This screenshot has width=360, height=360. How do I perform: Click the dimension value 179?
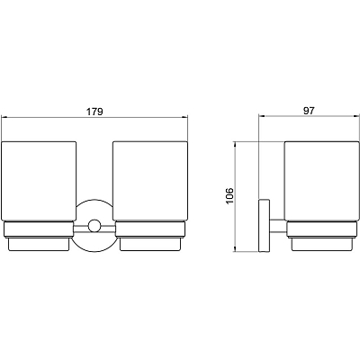pos(94,112)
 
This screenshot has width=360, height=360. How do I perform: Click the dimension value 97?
pos(309,111)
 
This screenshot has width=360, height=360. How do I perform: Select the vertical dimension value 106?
pos(229,196)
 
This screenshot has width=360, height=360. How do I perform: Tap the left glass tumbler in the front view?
pos(39,181)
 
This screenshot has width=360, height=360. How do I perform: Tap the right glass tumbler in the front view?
pos(150,181)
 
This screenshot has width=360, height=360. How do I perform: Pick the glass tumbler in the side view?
pos(321,181)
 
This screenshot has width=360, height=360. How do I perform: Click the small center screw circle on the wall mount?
pos(94,226)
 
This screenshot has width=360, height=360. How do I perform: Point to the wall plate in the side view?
pos(264,225)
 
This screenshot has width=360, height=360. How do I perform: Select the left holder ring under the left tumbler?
pos(38,229)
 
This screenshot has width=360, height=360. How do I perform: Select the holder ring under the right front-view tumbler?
pos(150,229)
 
